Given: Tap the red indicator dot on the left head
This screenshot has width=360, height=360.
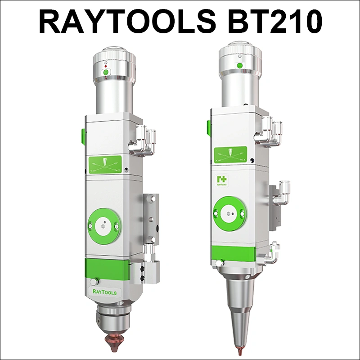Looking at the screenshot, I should pos(105,66).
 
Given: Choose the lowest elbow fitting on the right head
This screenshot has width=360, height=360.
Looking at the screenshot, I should pos(273,252).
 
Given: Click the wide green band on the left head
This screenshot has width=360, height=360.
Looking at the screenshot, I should pos(106,270).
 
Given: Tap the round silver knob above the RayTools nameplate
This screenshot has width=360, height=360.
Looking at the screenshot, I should pos(93,282).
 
